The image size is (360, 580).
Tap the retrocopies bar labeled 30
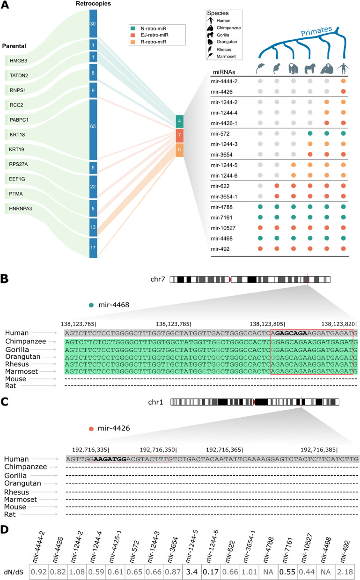tap(93, 23)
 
